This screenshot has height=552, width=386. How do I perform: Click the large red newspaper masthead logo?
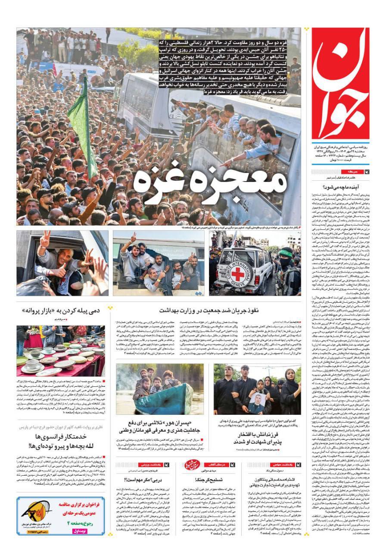click(340, 82)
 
